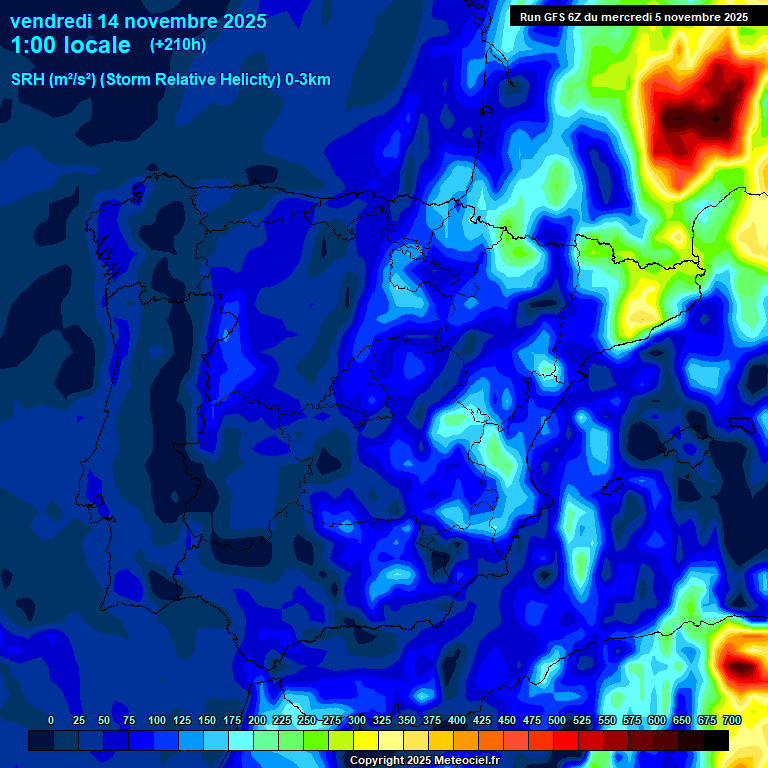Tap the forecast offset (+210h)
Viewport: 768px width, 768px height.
[x=177, y=45]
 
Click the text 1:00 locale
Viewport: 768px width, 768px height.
[x=70, y=45]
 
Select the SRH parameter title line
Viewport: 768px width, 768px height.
[x=170, y=80]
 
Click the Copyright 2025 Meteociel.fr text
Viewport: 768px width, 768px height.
[x=424, y=760]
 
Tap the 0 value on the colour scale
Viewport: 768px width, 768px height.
[x=51, y=720]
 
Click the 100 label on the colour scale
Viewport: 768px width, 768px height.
[x=157, y=720]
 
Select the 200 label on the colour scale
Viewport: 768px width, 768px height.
[x=257, y=720]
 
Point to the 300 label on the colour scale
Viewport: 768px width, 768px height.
[x=357, y=720]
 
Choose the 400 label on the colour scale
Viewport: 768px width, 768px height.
[x=457, y=720]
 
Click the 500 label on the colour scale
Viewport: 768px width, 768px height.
[x=557, y=720]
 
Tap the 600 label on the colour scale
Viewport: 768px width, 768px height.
[x=657, y=720]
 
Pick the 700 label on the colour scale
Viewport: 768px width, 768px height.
[x=732, y=720]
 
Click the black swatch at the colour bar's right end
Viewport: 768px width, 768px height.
[x=716, y=740]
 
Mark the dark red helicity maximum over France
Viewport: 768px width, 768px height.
[x=700, y=110]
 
